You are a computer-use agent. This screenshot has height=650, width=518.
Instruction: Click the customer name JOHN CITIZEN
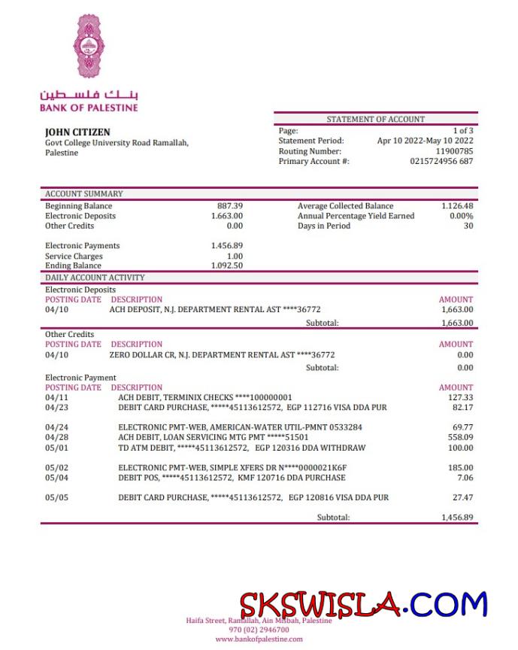click(77, 132)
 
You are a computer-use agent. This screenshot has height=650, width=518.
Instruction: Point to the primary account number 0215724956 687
click(441, 161)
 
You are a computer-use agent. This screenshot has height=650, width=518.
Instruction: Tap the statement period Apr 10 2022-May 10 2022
click(425, 141)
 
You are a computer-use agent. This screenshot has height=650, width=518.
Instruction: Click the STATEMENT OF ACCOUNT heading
click(375, 119)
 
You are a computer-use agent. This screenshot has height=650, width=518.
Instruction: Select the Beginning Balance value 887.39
click(230, 206)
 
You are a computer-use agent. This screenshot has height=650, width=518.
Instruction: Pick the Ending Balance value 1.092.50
click(227, 266)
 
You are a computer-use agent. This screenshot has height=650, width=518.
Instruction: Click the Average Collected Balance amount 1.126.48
click(457, 206)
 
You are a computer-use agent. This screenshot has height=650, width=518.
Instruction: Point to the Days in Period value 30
click(468, 226)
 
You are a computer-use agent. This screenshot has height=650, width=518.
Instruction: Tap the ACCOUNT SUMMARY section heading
click(84, 193)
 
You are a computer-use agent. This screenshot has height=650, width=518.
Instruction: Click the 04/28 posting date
click(56, 437)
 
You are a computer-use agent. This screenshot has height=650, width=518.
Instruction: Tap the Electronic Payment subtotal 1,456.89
click(457, 518)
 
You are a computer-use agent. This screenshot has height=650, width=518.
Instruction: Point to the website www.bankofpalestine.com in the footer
click(259, 639)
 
